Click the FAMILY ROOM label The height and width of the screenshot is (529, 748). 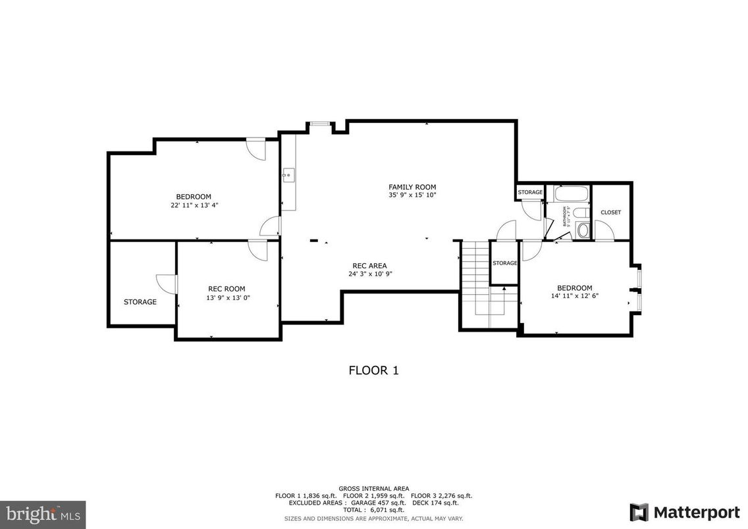point(412,187)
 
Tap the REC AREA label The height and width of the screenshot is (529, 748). point(369,266)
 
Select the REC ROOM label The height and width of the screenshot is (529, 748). point(227,289)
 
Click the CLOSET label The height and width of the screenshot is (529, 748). point(610,213)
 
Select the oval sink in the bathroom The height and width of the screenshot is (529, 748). point(582,230)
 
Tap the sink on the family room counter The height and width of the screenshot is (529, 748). point(288,175)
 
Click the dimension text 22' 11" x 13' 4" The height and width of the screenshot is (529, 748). point(194,205)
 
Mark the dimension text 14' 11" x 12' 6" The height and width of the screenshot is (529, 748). point(574,296)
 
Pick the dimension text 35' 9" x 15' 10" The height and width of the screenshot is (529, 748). point(412,195)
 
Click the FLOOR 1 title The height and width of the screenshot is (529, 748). point(373,370)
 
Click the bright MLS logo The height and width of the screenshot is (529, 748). point(43,512)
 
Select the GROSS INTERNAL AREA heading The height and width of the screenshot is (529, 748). point(373,488)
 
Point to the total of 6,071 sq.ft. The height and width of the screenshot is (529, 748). point(373,510)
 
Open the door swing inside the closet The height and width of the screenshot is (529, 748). point(602,230)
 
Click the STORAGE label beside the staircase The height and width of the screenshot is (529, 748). point(505,263)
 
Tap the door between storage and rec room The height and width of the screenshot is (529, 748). point(167,284)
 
